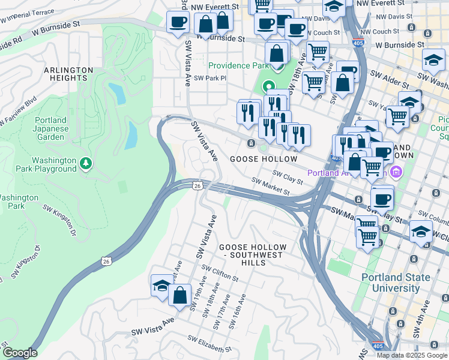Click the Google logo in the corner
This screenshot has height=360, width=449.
point(19,353)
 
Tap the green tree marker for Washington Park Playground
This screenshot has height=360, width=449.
point(86,163)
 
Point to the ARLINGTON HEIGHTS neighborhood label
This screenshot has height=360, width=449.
point(68,74)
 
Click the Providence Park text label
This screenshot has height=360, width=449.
point(237,65)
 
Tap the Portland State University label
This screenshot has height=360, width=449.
point(396,283)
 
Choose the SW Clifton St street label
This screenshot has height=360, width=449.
point(220,274)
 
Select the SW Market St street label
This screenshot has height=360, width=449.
point(270,186)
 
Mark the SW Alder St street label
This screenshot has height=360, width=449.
point(389,76)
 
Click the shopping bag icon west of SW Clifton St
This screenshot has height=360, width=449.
point(179,295)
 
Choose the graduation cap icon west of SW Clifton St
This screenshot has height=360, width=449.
point(161,286)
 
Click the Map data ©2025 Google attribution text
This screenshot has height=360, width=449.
point(412,355)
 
